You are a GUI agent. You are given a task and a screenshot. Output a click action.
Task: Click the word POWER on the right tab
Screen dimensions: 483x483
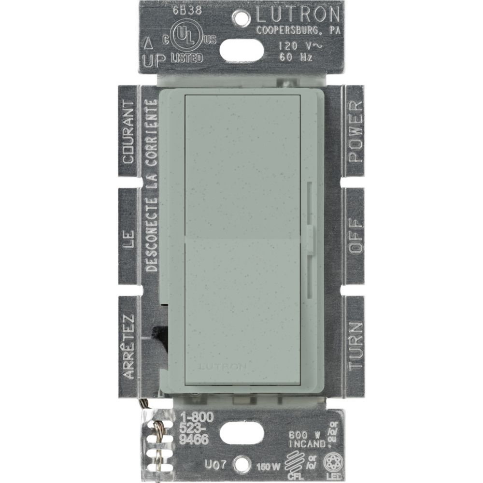click(355, 131)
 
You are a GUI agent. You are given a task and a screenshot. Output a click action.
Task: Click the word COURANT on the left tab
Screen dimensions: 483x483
click(128, 131)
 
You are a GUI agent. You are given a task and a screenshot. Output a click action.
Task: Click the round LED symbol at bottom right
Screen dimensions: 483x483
click(332, 461)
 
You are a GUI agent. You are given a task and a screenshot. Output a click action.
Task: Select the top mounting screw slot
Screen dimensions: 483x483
click(241, 48)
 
